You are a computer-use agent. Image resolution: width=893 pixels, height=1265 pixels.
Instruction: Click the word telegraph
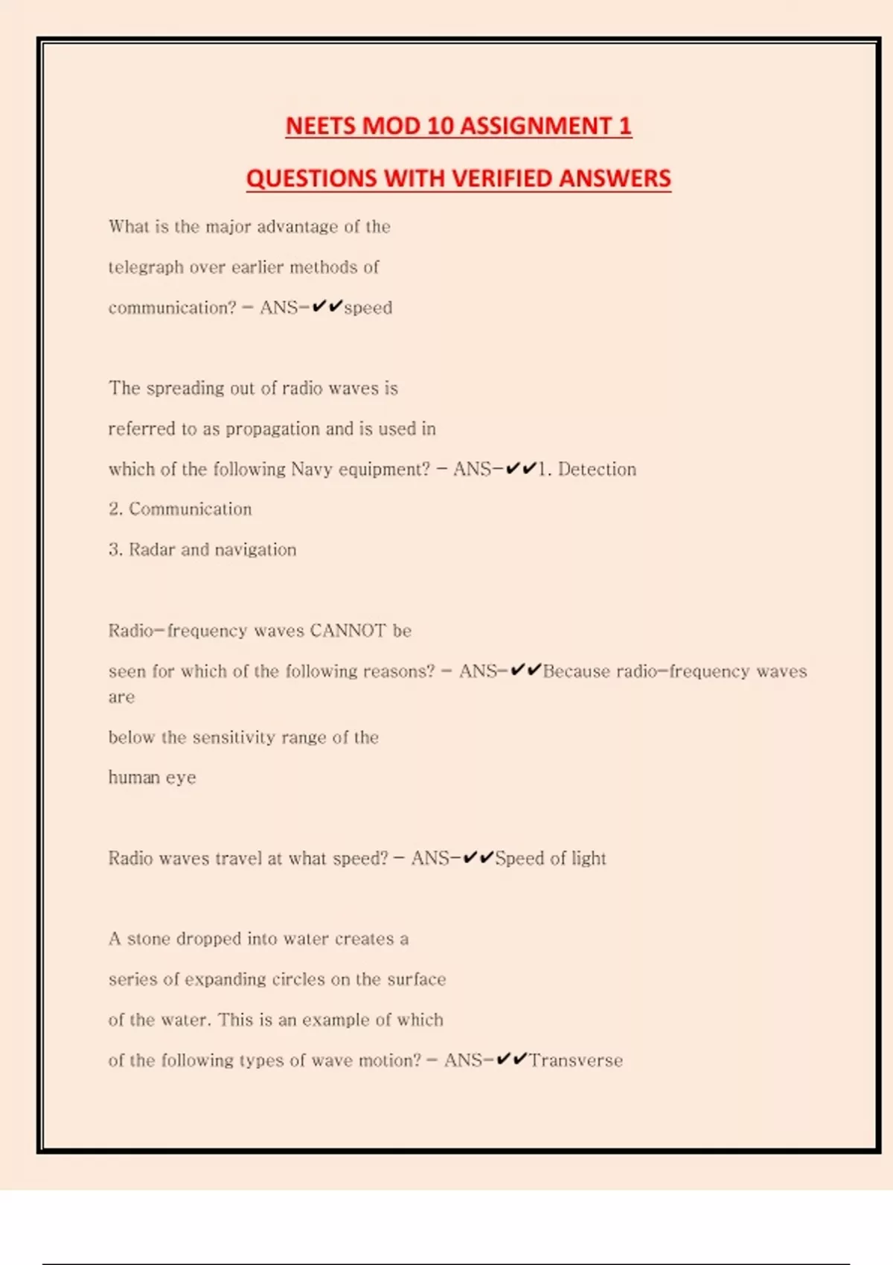click(146, 267)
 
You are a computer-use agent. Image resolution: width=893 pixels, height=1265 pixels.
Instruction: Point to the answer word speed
click(368, 307)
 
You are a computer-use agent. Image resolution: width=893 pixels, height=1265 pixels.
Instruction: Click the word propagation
click(272, 429)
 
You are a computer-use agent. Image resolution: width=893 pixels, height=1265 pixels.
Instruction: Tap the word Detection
click(597, 469)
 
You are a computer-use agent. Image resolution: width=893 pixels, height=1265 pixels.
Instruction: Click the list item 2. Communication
click(180, 509)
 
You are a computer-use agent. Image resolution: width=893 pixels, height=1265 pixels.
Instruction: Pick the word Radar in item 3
click(152, 549)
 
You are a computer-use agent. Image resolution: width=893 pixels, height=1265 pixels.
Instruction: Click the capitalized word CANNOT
click(348, 630)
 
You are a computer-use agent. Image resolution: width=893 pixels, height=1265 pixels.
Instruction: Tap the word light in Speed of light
click(589, 858)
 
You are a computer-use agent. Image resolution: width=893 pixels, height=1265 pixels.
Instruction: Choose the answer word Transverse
click(576, 1060)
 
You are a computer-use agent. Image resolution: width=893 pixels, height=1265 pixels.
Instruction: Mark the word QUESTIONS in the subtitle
click(312, 179)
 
